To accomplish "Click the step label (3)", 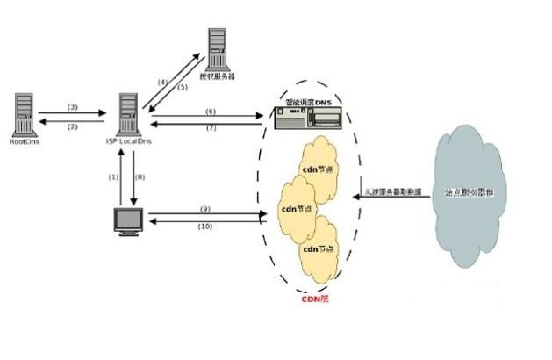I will (73, 106).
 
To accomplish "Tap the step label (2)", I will (73, 126).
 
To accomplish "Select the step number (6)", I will (210, 111).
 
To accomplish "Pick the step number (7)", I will (210, 129).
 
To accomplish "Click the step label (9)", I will (204, 209).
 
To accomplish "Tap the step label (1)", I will (112, 176).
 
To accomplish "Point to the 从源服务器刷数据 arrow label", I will (393, 190).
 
